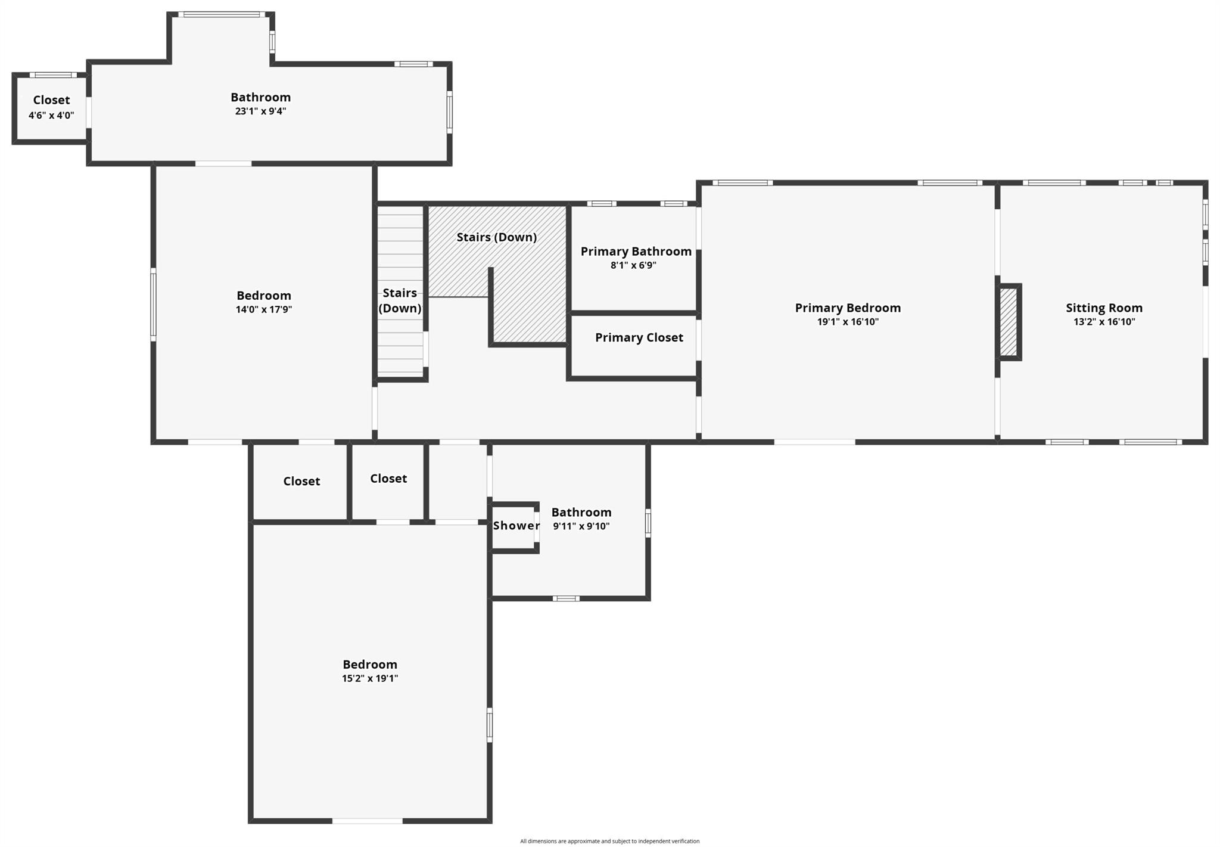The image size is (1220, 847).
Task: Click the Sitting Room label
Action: click(1104, 308)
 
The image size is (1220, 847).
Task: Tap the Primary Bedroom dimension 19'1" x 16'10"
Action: click(848, 322)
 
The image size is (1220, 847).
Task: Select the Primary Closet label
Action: click(639, 338)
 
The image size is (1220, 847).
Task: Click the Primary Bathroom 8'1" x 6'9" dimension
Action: click(633, 265)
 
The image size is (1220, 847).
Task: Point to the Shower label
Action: click(516, 526)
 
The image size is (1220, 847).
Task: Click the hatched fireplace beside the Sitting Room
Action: click(1008, 322)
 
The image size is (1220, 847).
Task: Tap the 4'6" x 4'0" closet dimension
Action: click(51, 115)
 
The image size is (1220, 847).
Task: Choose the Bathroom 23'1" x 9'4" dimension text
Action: click(260, 111)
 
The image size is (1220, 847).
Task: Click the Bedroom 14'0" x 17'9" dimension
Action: click(263, 309)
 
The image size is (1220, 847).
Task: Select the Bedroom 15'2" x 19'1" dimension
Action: click(369, 678)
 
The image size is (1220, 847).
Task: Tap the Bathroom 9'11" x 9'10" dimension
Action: click(581, 526)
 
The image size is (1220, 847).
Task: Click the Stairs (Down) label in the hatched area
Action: click(496, 237)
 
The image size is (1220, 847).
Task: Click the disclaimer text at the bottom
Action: click(609, 841)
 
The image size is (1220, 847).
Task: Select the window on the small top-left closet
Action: click(53, 75)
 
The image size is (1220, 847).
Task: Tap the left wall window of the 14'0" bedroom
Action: click(153, 305)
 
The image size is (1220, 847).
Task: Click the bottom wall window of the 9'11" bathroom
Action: click(565, 598)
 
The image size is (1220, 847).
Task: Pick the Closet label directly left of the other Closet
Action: click(301, 481)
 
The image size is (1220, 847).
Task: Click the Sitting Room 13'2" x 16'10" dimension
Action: click(1104, 322)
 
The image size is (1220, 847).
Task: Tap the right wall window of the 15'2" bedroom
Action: click(490, 724)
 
